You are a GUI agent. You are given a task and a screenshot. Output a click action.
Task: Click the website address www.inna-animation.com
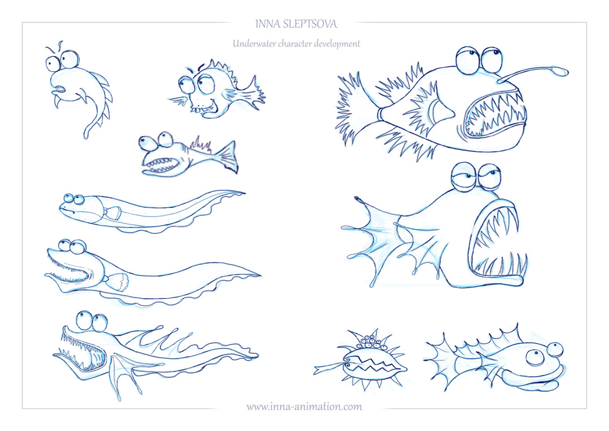pyautogui.click(x=304, y=407)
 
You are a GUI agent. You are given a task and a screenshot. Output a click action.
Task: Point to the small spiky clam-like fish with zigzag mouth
pyautogui.click(x=360, y=360)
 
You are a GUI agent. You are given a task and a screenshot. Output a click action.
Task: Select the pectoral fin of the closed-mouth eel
pyautogui.click(x=112, y=212)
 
